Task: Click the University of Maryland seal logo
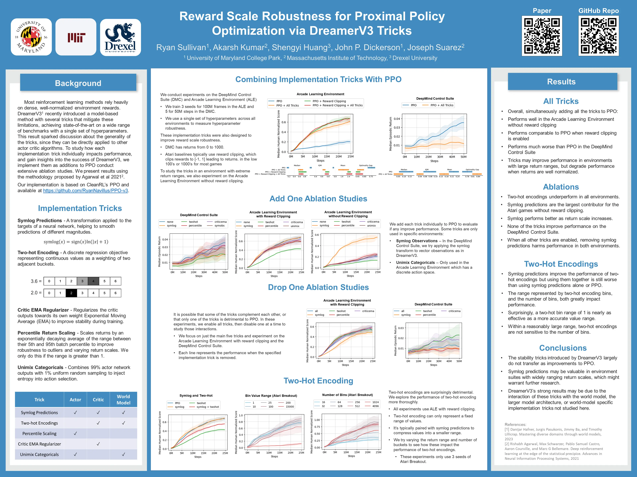click(x=31, y=37)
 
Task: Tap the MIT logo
click(x=76, y=37)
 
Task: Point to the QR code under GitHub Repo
click(x=598, y=36)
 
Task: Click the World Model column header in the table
click(x=123, y=399)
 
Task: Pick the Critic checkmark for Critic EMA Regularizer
click(x=98, y=444)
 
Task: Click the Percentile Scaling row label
click(x=39, y=433)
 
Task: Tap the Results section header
click(x=561, y=82)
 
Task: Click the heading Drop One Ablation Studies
click(x=318, y=287)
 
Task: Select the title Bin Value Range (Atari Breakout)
click(x=271, y=396)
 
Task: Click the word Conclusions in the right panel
click(x=563, y=348)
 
